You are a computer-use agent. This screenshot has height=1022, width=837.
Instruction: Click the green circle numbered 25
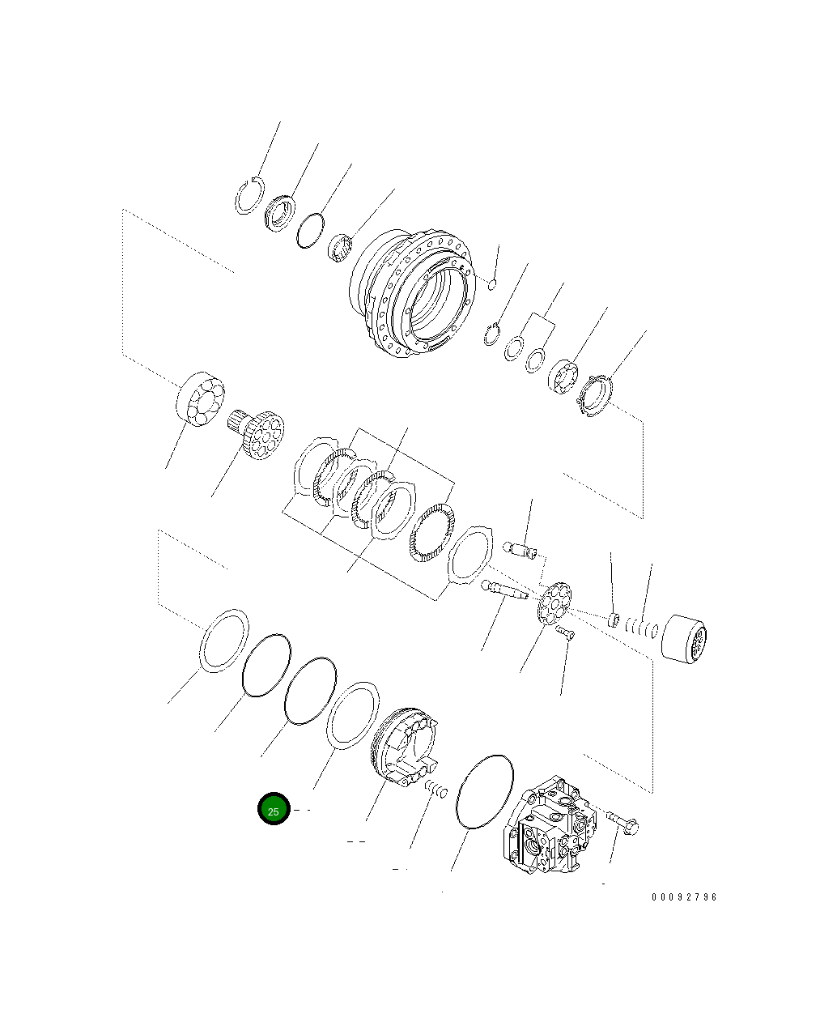tap(274, 809)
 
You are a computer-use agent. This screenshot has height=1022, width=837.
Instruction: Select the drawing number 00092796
tap(684, 897)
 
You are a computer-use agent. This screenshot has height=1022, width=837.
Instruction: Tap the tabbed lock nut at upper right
tap(597, 395)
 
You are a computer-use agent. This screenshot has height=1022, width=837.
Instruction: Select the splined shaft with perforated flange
tap(257, 435)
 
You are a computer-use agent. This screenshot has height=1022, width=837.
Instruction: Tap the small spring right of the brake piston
tap(436, 787)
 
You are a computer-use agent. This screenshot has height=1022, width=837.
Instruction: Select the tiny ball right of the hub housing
tap(491, 283)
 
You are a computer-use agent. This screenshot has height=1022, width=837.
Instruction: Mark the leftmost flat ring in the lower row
tap(223, 641)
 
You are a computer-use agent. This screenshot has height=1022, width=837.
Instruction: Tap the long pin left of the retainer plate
tap(503, 590)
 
